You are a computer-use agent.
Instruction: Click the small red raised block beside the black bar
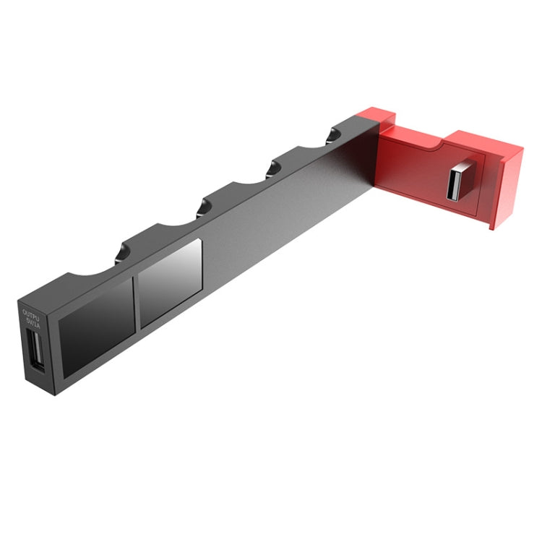[377, 115]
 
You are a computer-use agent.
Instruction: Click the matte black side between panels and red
[289, 217]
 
